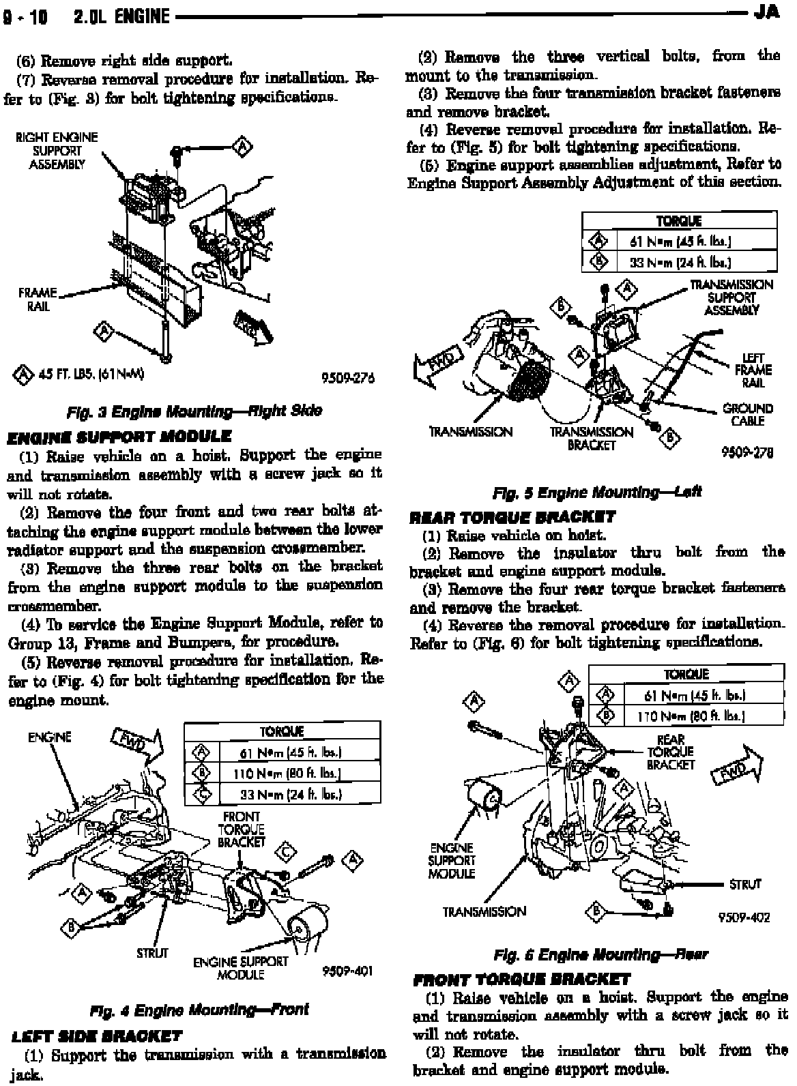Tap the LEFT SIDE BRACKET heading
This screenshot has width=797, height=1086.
(96, 1036)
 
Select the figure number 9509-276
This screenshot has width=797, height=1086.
(349, 379)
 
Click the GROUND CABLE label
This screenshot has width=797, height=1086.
(747, 415)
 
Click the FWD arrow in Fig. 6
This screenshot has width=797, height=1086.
(737, 766)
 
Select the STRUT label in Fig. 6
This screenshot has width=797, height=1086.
(744, 884)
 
